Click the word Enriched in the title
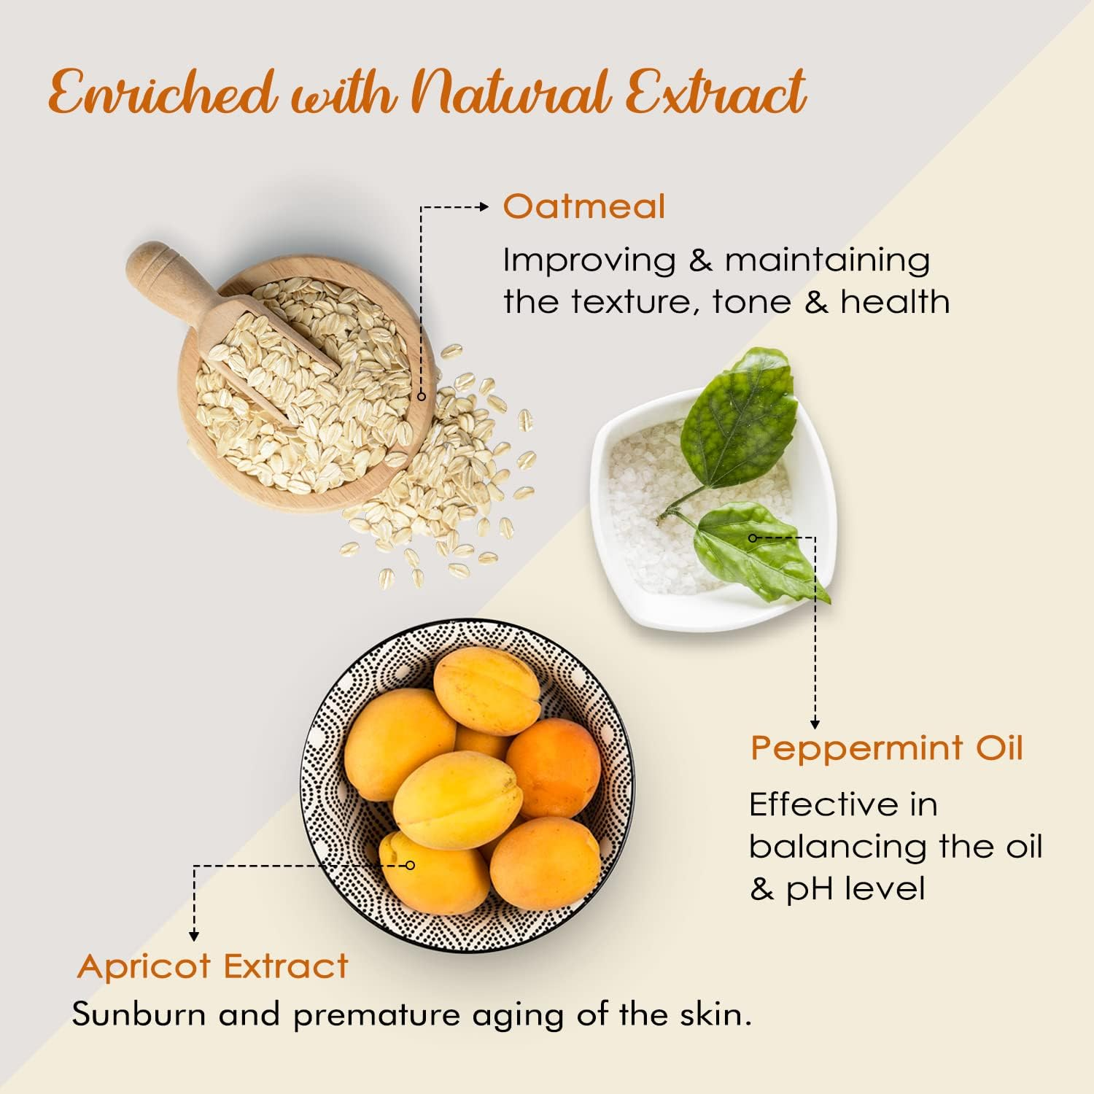[x=162, y=93]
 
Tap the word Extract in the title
[x=715, y=93]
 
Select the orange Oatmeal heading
[x=583, y=206]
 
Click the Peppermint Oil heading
[x=887, y=748]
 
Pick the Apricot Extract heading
[x=212, y=966]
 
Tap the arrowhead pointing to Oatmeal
[x=484, y=207]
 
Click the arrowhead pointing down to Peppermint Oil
[x=815, y=723]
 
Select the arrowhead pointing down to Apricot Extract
[x=194, y=936]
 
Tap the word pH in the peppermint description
[x=806, y=889]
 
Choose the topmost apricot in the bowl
[x=486, y=690]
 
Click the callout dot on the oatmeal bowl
[x=421, y=396]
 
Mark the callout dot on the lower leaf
[x=753, y=538]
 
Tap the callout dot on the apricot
[x=410, y=865]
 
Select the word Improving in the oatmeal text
[x=589, y=260]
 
